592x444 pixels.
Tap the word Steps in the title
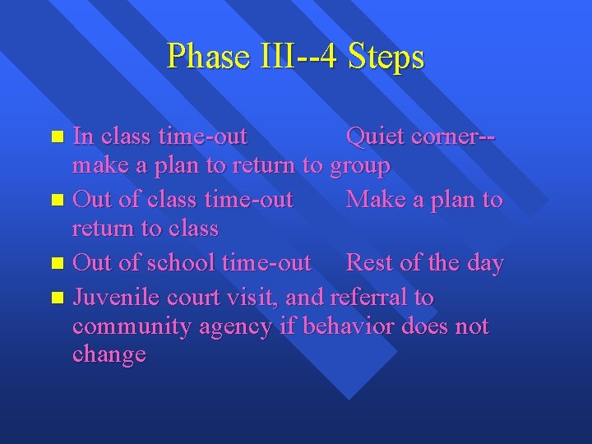coord(386,57)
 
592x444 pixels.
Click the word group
coord(359,166)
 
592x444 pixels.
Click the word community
coord(131,327)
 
